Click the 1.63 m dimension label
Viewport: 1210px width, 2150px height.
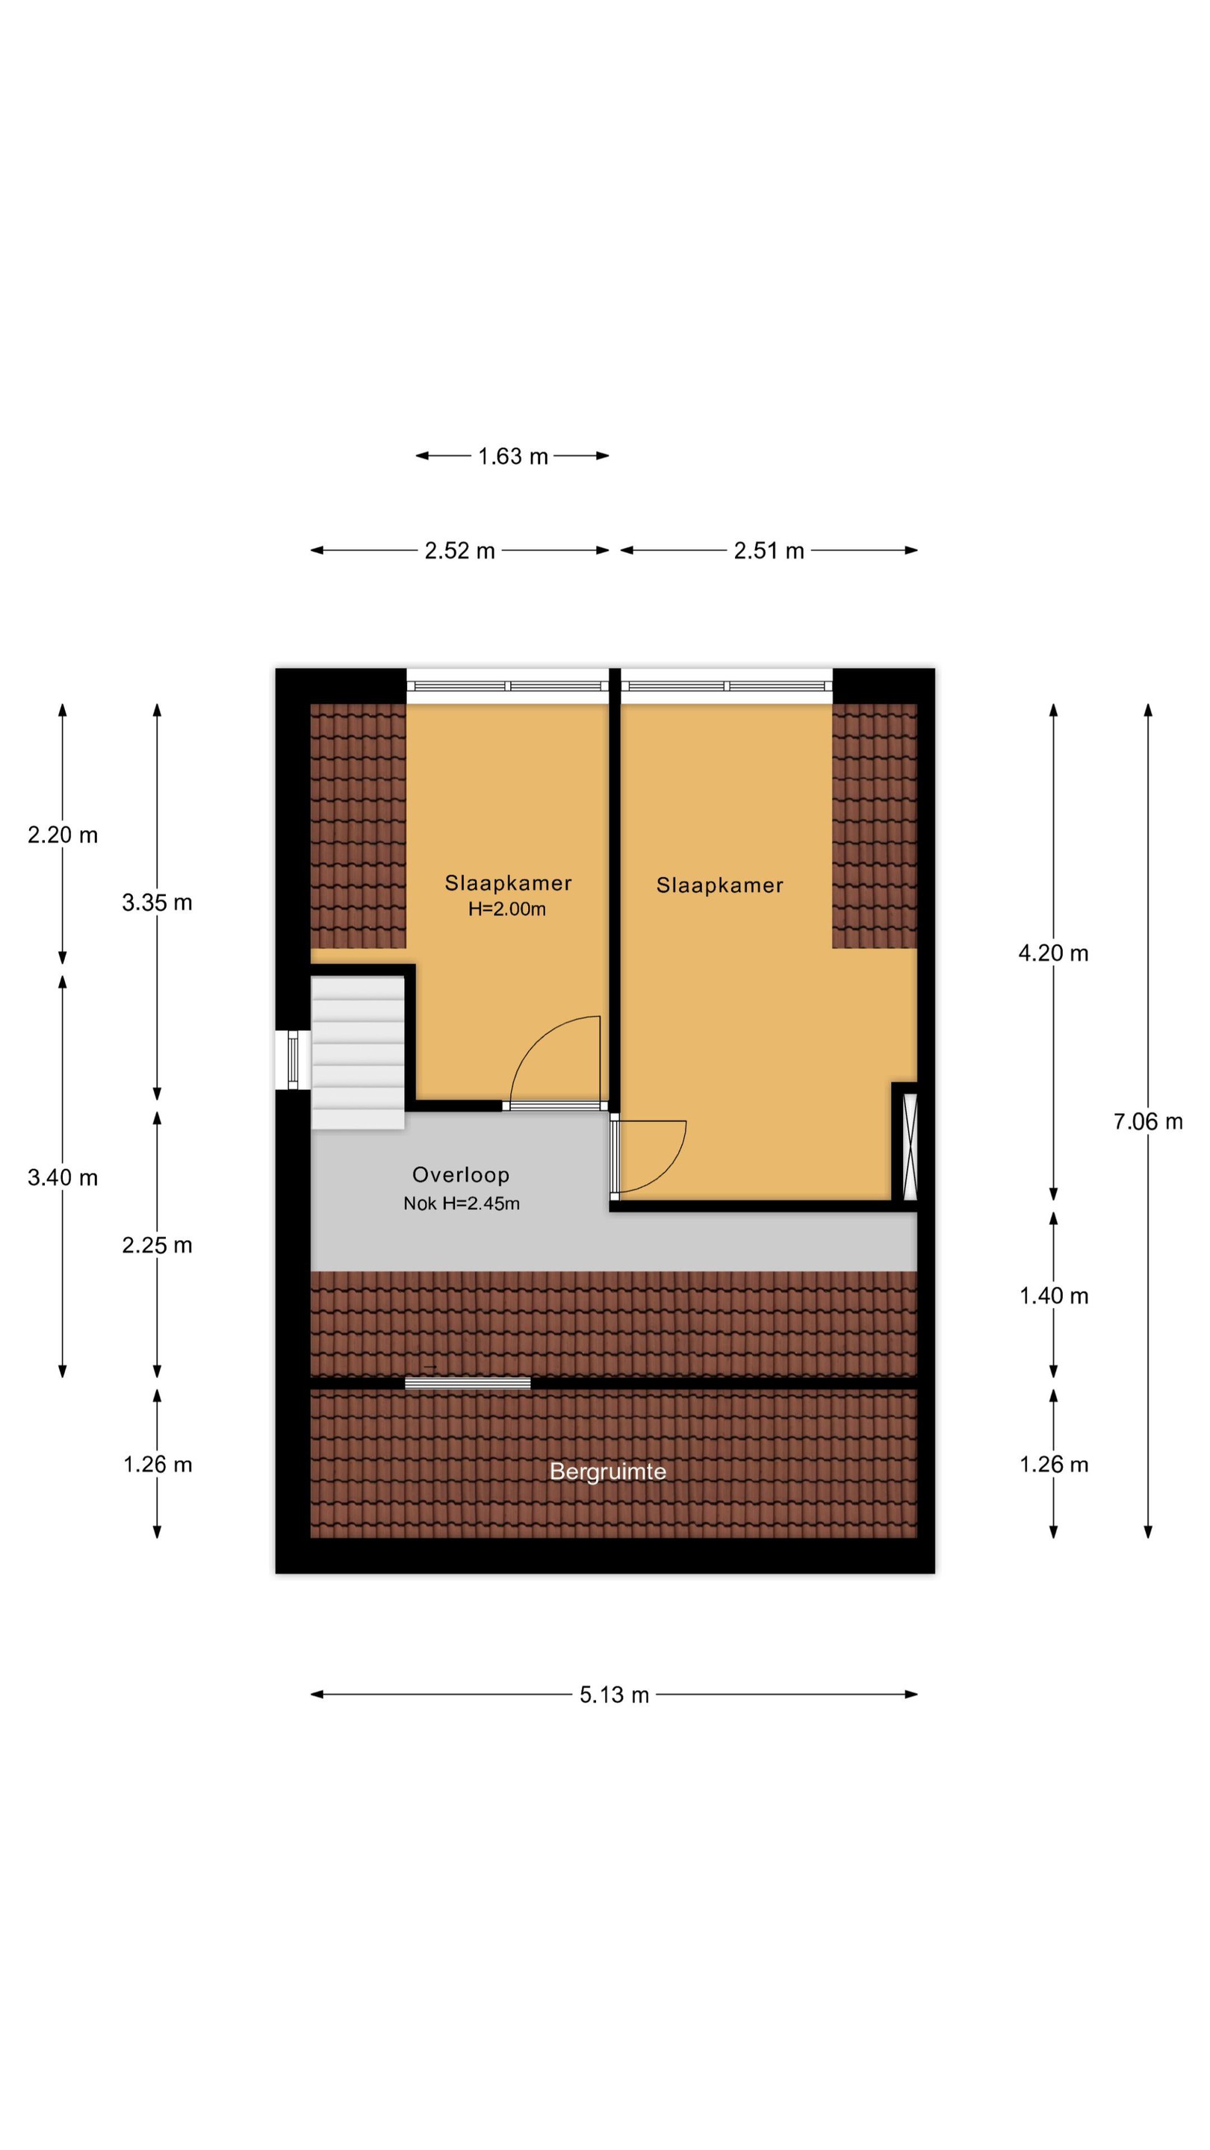[x=512, y=457]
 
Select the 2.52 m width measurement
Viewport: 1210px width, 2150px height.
[x=459, y=551]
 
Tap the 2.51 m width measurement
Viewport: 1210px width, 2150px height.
[x=769, y=551]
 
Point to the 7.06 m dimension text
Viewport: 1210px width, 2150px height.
[x=1147, y=1122]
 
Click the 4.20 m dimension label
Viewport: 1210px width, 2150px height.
[x=1053, y=953]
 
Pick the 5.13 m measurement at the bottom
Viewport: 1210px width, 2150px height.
[x=614, y=1695]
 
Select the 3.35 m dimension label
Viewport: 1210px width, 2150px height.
[x=157, y=903]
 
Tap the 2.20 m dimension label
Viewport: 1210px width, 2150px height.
[x=63, y=835]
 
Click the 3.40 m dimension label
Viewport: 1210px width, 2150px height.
[x=63, y=1178]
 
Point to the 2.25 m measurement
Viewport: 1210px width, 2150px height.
[x=157, y=1245]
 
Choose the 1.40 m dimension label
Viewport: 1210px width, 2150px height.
[x=1053, y=1296]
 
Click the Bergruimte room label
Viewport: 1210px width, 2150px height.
[x=608, y=1471]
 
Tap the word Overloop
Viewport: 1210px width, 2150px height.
[x=461, y=1175]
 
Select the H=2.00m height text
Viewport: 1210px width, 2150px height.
[x=507, y=909]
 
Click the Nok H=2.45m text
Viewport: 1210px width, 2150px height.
[x=462, y=1203]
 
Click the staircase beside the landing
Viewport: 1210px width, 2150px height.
[x=359, y=1053]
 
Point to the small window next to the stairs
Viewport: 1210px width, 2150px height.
[x=292, y=1060]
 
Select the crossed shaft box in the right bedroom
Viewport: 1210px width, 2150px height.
[x=910, y=1147]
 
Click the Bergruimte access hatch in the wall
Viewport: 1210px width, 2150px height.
[x=468, y=1384]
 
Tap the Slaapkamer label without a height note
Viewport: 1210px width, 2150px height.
[x=720, y=885]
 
